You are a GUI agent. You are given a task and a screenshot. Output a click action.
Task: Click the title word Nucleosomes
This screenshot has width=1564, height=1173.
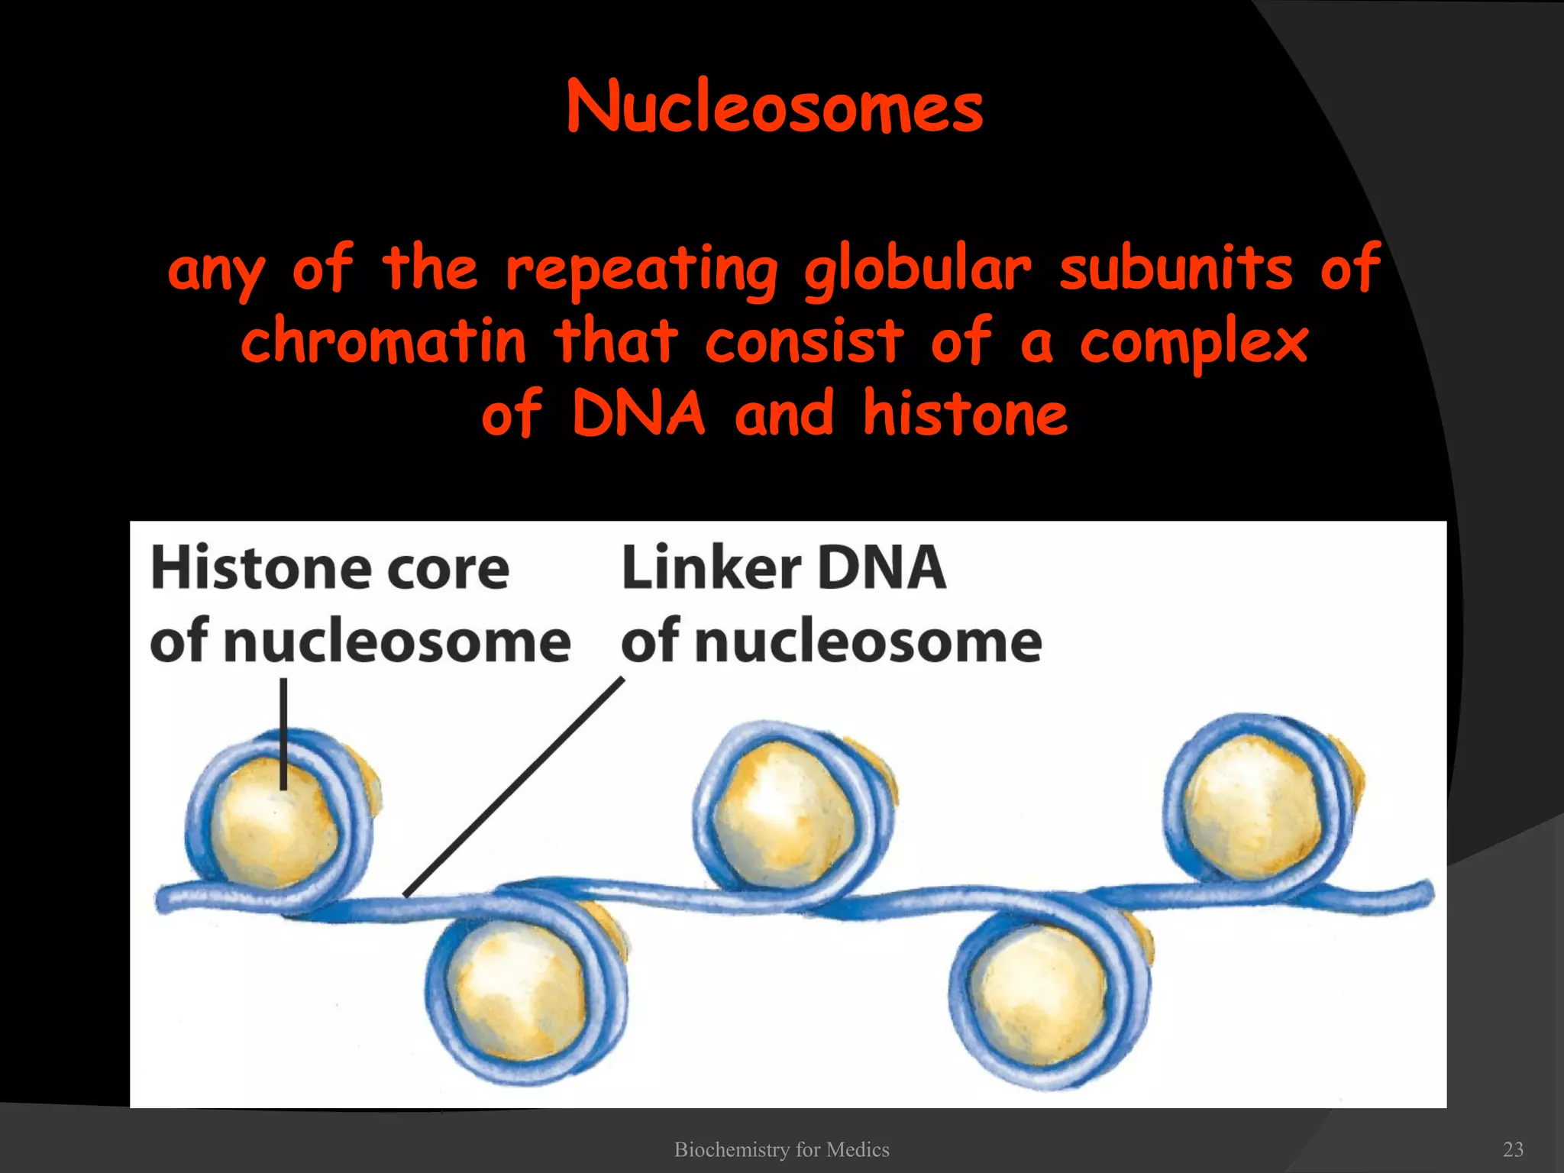coord(774,108)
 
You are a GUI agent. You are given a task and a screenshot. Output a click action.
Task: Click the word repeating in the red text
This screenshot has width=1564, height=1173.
coord(641,270)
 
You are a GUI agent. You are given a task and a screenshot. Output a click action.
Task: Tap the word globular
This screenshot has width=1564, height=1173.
coord(916,270)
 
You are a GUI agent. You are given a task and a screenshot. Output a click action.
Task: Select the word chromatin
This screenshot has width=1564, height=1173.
coord(384,341)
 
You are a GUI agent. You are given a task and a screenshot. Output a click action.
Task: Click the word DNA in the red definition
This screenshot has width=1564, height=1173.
coord(638,413)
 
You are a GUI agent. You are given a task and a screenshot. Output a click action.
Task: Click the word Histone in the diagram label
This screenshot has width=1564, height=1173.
coord(260,568)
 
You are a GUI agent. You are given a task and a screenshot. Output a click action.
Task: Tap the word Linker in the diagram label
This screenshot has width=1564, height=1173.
coord(710,568)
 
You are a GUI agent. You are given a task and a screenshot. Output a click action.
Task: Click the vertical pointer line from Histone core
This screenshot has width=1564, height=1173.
coord(283,733)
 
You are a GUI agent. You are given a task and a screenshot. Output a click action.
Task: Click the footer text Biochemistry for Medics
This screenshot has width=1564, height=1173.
coord(781,1149)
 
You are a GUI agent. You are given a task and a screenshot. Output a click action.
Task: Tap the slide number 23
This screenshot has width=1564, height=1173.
coord(1513,1149)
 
